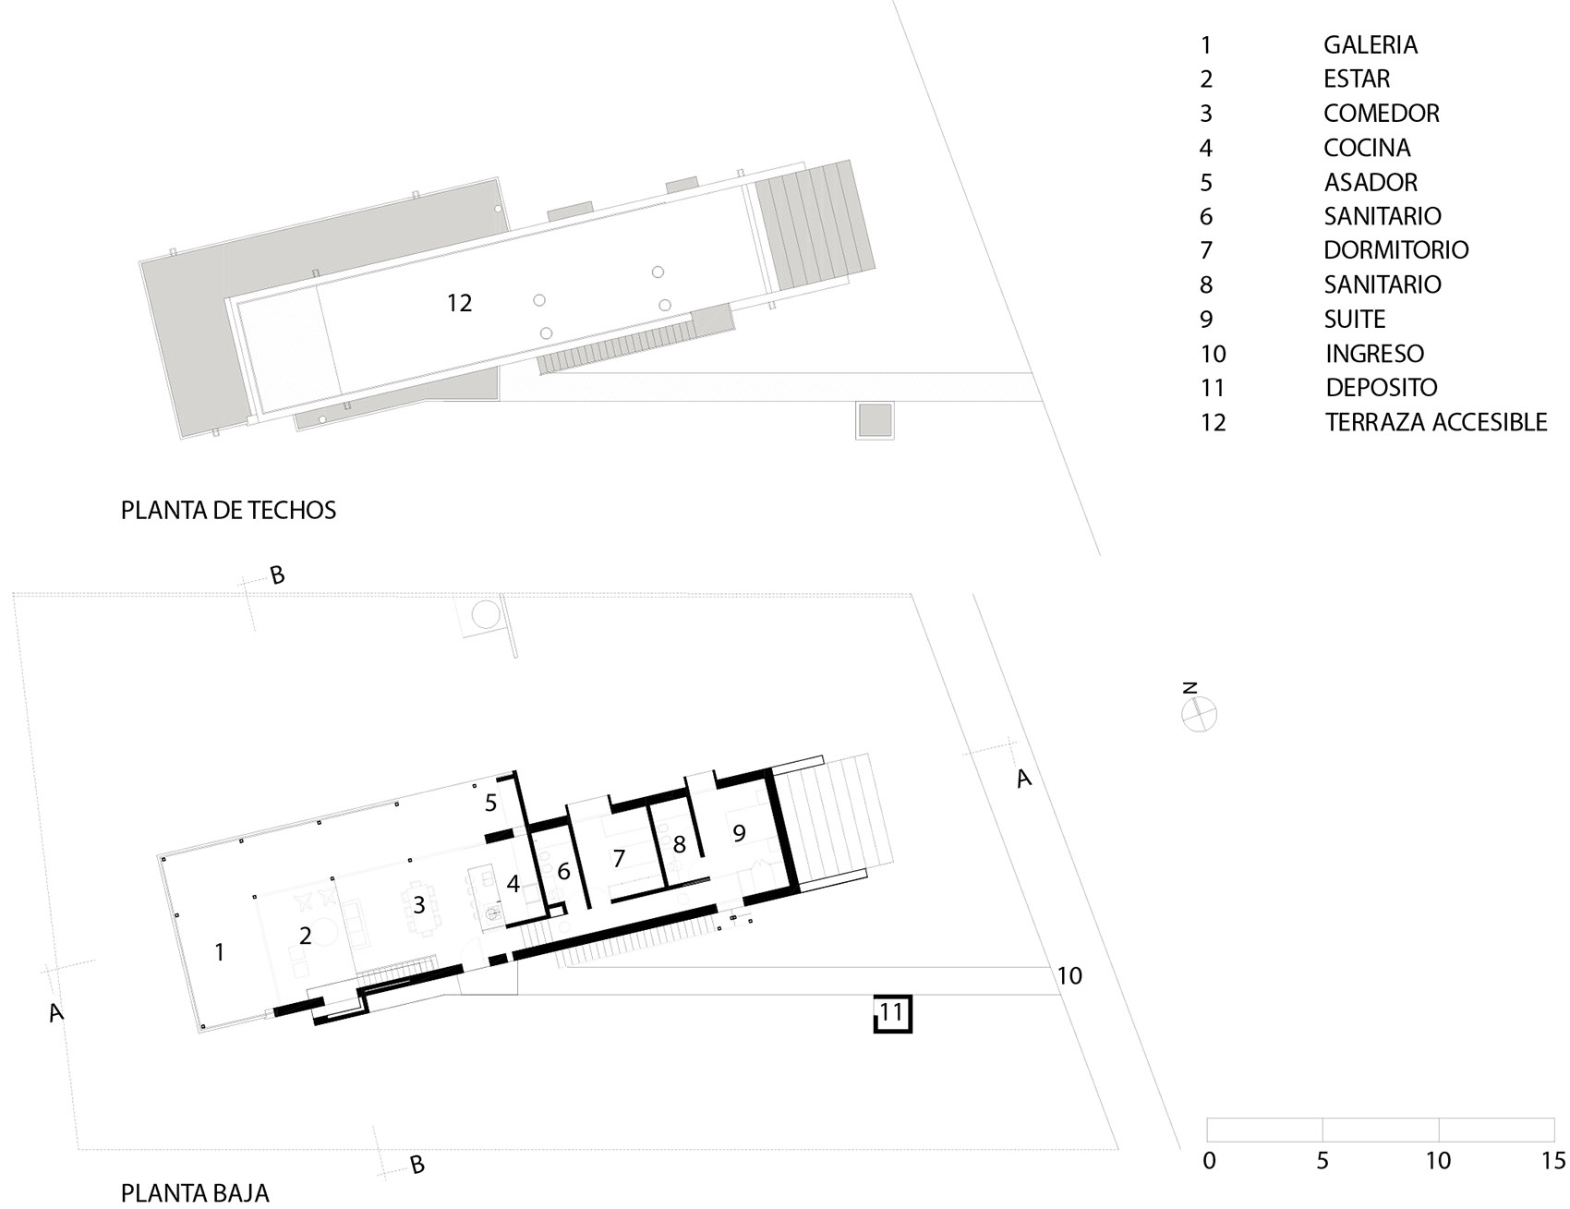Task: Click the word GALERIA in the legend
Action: point(1370,44)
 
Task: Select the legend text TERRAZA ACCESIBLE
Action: point(1436,422)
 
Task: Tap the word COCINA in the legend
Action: point(1367,148)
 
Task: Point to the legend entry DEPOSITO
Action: point(1382,388)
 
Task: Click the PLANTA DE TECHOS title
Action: point(228,510)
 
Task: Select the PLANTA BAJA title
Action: point(195,1192)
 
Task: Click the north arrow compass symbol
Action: point(1199,714)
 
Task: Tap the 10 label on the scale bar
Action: point(1438,1160)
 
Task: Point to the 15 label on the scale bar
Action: point(1552,1160)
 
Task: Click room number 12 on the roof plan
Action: point(459,303)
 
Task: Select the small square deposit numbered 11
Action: point(892,1013)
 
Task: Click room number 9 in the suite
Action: point(739,834)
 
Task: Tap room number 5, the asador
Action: point(490,804)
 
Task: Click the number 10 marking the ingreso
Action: point(1069,975)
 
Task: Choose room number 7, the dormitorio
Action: point(619,859)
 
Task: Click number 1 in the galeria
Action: point(219,952)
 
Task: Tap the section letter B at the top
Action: point(277,575)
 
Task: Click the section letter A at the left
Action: point(56,1012)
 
